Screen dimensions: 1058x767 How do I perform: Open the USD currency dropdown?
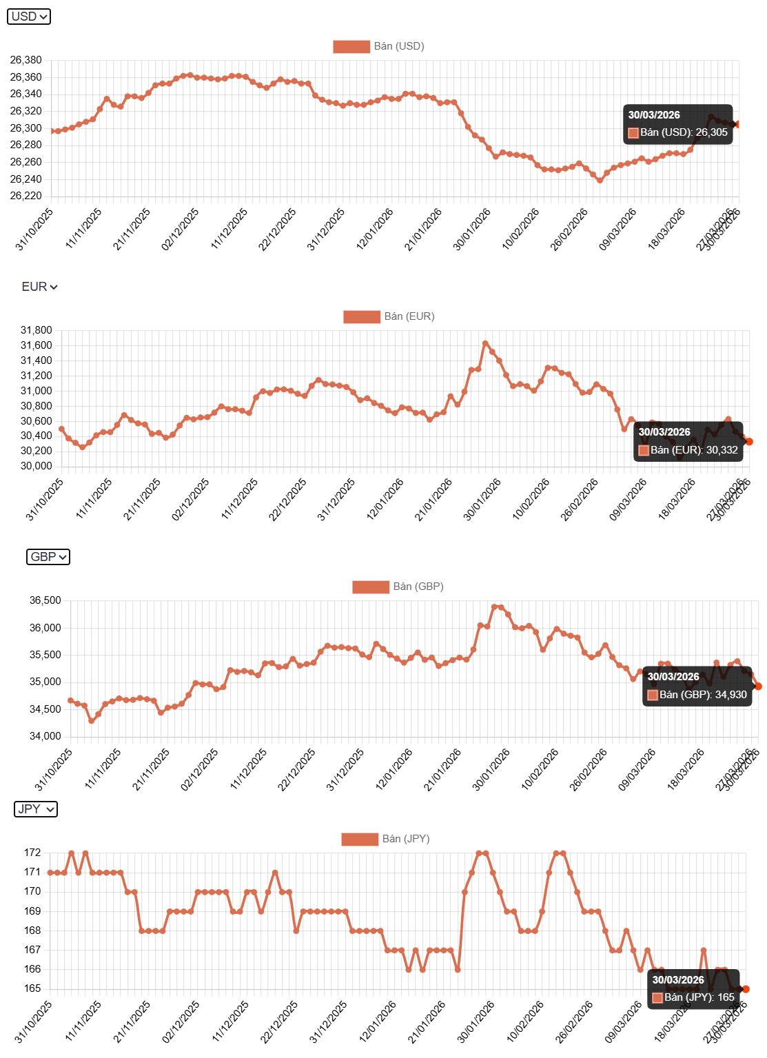coord(29,17)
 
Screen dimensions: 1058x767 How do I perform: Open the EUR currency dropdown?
coord(39,287)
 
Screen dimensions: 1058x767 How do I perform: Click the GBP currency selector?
coord(48,557)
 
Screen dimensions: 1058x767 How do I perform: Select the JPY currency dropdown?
coord(36,809)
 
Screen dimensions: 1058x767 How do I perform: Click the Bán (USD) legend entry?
coord(378,46)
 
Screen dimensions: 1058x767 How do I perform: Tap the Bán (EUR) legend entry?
coord(389,316)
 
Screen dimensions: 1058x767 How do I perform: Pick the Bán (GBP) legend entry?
coord(398,587)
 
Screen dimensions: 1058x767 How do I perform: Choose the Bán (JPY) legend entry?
coord(385,839)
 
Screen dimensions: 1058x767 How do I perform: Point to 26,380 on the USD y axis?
coord(26,60)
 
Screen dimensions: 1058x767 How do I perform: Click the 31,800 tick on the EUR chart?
coord(36,330)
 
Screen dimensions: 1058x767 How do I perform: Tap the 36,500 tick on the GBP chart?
coord(45,600)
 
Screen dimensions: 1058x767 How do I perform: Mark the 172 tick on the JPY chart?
coord(32,853)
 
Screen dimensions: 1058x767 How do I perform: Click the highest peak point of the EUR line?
coord(485,343)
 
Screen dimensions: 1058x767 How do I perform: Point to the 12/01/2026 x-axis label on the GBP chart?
coord(395,769)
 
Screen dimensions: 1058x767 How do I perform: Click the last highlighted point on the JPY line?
coord(746,989)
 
